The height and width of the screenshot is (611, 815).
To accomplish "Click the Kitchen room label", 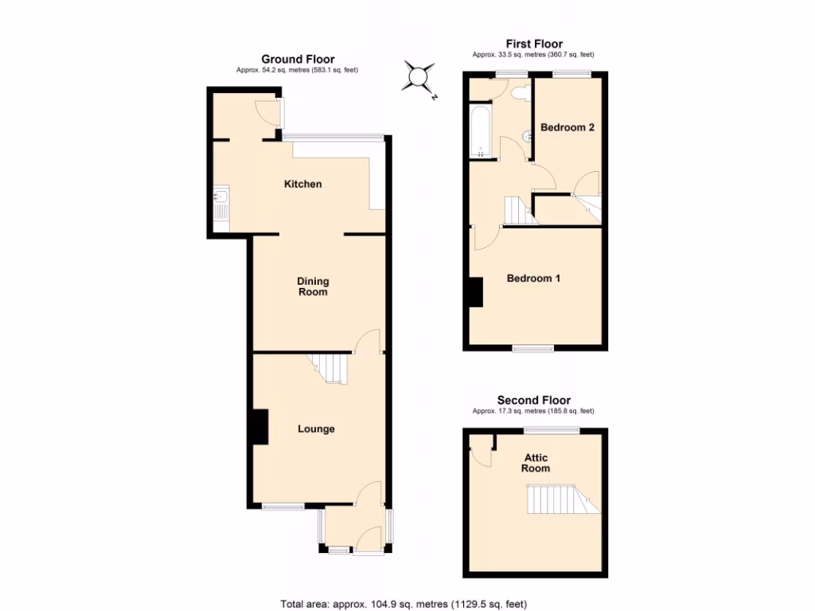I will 303,185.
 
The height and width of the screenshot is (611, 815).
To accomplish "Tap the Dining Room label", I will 313,286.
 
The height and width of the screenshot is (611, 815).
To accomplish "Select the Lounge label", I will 316,430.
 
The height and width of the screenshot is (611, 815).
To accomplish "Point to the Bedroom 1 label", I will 534,278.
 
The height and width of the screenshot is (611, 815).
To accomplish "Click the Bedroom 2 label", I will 567,127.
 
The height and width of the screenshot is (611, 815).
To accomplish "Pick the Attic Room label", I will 536,463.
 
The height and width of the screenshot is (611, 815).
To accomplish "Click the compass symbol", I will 419,77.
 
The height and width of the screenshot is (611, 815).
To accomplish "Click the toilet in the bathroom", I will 521,93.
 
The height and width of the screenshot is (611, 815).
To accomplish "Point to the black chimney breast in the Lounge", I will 259,426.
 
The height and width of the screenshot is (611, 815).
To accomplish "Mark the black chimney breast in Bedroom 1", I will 475,291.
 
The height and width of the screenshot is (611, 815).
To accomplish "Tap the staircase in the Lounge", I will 330,368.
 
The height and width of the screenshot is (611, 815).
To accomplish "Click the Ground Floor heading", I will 298,59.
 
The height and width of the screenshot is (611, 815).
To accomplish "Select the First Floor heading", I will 534,44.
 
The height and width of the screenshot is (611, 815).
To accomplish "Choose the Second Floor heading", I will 533,400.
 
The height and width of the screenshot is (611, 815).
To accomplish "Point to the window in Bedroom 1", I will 533,348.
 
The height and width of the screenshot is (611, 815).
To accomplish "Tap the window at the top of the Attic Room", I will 551,430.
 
